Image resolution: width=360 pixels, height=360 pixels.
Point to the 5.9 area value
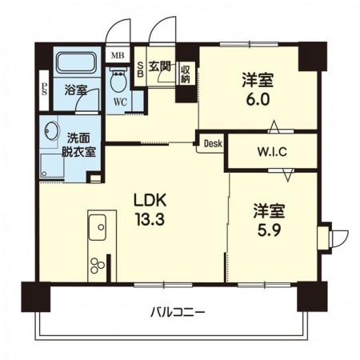point(268,226)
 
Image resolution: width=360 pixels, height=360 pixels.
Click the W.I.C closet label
point(272,152)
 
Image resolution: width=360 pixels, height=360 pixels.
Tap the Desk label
point(212,144)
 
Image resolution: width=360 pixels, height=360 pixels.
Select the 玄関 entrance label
point(160,66)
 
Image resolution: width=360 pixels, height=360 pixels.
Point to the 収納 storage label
point(186,74)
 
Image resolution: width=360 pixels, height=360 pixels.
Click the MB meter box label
point(118,56)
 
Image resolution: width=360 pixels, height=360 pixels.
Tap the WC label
point(120,102)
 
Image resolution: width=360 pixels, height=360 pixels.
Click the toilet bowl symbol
point(119,82)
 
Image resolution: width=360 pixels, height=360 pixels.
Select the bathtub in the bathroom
point(75,62)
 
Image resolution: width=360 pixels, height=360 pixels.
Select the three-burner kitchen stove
point(98,265)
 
